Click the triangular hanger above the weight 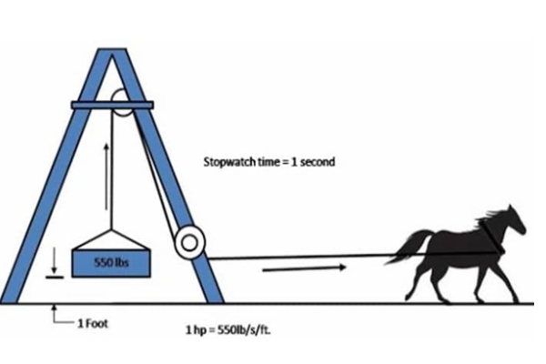coord(110,237)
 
